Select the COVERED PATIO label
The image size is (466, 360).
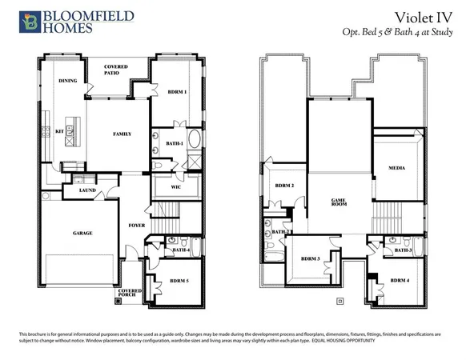point(111,71)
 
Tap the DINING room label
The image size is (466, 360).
point(67,81)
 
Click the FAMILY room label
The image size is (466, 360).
point(122,134)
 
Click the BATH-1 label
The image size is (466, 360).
point(175,143)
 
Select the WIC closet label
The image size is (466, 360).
point(175,187)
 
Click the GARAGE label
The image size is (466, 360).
point(82,233)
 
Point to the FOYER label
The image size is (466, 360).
point(137,226)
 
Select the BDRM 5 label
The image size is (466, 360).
point(179,281)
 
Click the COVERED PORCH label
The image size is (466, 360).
point(131,293)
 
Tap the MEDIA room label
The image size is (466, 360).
point(396,169)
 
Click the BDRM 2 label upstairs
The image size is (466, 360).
point(284,185)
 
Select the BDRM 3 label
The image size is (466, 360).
point(311,258)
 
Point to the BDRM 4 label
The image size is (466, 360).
point(400,280)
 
